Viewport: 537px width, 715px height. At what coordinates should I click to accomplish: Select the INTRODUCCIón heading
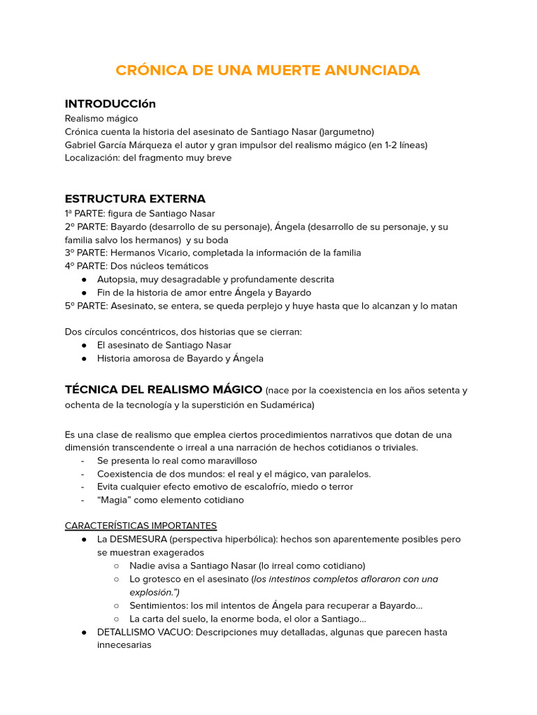click(x=110, y=104)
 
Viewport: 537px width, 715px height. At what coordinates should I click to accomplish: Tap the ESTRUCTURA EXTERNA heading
click(x=135, y=199)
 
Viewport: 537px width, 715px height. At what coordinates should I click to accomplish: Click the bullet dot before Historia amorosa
click(x=84, y=359)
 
